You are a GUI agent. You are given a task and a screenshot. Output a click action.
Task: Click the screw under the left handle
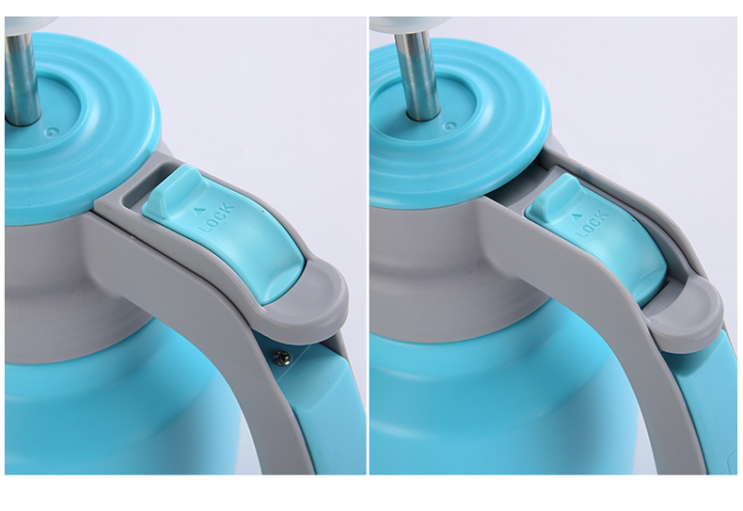(281, 358)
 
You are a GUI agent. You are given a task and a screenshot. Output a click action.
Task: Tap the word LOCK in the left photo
(216, 218)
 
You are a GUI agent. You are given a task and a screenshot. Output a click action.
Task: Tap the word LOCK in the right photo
(592, 225)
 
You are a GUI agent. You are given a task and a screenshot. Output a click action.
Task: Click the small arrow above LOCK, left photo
(200, 209)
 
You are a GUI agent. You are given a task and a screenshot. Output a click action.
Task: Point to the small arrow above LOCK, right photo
(577, 216)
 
